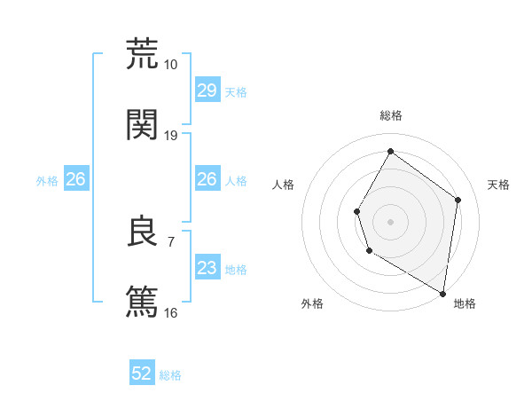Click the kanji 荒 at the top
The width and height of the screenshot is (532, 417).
(x=142, y=55)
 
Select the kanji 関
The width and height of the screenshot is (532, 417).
(x=142, y=125)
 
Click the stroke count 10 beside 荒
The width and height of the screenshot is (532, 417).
(x=170, y=65)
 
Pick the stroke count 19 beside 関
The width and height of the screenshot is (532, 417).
(x=170, y=135)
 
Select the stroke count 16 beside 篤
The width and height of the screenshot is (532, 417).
(x=170, y=311)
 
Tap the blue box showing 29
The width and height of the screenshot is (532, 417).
(x=207, y=90)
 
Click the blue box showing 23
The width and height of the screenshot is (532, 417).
(x=207, y=268)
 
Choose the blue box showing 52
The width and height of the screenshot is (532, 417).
(x=142, y=374)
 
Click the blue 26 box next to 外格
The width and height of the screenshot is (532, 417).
(x=76, y=180)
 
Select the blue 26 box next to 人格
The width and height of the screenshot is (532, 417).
(x=207, y=180)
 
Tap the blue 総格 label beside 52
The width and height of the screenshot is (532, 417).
(x=170, y=375)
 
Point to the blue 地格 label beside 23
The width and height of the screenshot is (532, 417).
(x=236, y=269)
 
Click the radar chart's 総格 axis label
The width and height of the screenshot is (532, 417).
(x=390, y=115)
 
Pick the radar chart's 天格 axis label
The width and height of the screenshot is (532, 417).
(x=498, y=185)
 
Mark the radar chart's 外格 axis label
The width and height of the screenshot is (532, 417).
(x=312, y=303)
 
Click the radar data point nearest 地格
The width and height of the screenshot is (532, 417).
(x=442, y=293)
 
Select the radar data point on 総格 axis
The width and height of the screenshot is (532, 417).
(x=390, y=151)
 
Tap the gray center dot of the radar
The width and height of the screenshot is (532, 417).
(x=390, y=221)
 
